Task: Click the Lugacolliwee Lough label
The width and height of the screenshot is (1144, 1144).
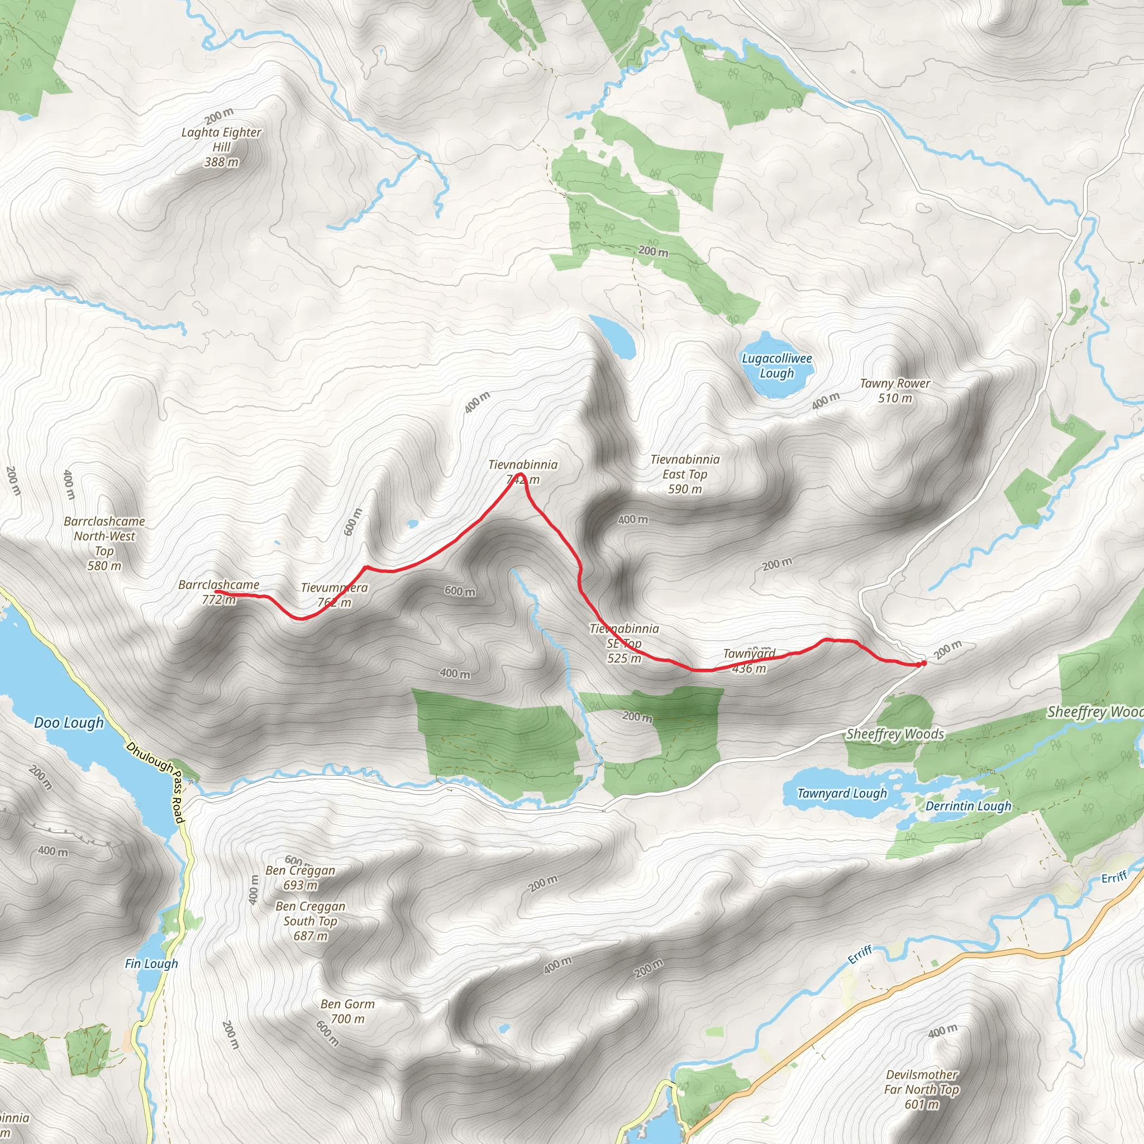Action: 776,366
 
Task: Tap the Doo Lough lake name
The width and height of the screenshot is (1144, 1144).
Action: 69,722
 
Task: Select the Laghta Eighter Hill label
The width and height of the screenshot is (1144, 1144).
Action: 221,146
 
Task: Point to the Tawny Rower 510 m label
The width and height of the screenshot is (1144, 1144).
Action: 895,391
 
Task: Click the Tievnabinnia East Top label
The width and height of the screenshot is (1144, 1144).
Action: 684,474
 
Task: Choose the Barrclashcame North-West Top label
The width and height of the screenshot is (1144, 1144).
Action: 104,544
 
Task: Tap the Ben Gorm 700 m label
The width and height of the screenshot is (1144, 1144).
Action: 347,1012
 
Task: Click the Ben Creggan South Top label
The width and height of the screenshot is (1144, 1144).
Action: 310,921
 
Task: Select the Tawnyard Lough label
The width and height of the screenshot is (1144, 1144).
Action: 841,793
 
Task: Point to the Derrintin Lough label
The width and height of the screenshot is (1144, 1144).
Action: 968,806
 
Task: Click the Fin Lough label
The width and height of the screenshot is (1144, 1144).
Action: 151,964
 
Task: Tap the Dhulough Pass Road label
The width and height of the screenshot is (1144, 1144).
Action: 156,782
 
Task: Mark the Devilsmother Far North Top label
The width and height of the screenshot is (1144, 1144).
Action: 922,1089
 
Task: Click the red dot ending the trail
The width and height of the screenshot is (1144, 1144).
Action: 923,664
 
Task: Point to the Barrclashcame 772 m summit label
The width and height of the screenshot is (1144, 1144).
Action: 218,592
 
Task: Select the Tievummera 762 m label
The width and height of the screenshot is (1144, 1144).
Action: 334,594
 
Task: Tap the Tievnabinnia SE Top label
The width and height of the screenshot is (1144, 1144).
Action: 624,643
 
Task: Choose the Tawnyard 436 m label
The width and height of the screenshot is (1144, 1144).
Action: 749,661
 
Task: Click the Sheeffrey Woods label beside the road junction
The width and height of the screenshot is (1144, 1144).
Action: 895,734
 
